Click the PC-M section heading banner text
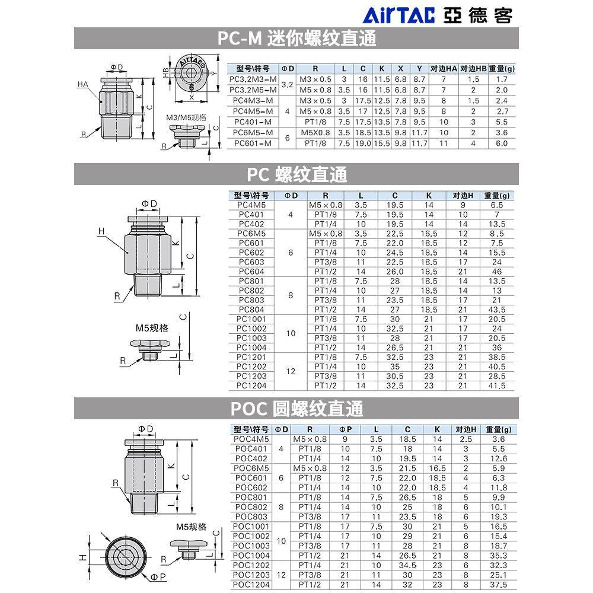click(296, 38)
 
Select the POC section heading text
click(296, 409)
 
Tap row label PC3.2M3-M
click(253, 79)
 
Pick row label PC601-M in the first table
click(253, 144)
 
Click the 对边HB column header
click(473, 68)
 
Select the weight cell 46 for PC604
click(496, 272)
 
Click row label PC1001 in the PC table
click(251, 319)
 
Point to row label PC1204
click(251, 386)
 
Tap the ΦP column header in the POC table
click(345, 429)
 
